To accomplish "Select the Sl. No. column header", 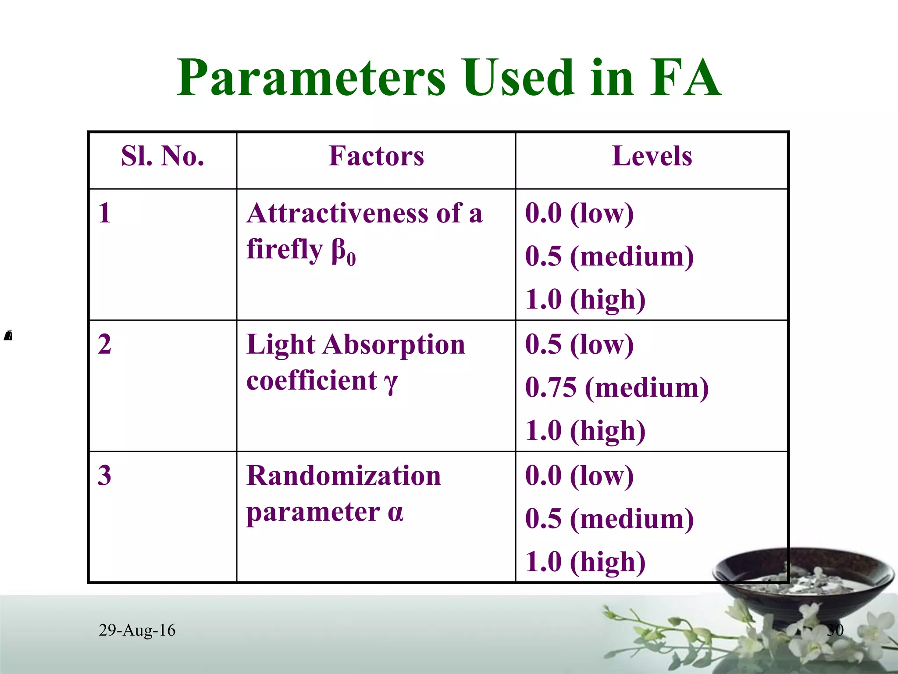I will click(163, 156).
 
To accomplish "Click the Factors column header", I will click(376, 156).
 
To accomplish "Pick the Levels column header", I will click(652, 156).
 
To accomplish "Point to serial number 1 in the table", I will click(104, 213).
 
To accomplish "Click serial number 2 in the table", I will click(104, 344).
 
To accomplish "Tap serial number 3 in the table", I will click(104, 475).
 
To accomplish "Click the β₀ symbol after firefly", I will click(343, 252).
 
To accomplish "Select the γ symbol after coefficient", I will click(390, 382).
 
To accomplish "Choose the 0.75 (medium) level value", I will click(616, 387).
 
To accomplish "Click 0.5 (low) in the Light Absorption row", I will click(579, 344).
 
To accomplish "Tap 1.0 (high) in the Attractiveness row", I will click(585, 300).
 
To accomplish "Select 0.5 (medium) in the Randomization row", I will click(609, 519).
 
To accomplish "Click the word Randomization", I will click(343, 476).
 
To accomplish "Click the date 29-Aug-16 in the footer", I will click(137, 630).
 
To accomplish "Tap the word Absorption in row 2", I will click(393, 345).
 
